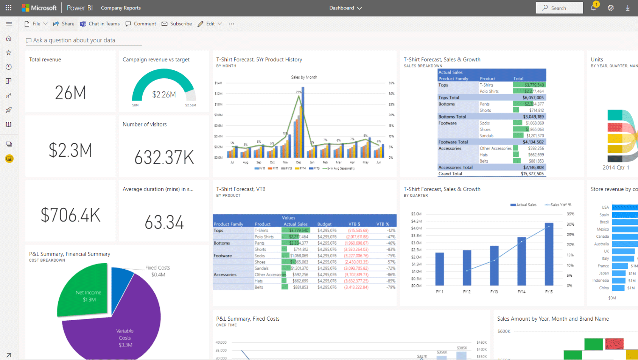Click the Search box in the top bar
click(x=559, y=8)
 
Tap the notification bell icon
click(x=593, y=8)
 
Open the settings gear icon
click(x=610, y=8)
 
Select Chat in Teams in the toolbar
click(x=100, y=23)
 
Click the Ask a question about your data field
click(x=74, y=40)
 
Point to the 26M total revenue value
click(x=70, y=93)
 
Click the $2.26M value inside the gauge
click(x=164, y=94)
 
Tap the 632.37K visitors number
click(x=164, y=157)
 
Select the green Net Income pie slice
click(x=85, y=291)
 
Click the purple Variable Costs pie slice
click(x=125, y=329)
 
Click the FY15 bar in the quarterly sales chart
click(x=549, y=257)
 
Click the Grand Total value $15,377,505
click(x=532, y=174)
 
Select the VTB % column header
click(x=383, y=224)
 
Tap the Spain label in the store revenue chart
click(x=604, y=215)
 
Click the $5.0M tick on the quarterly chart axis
click(x=416, y=214)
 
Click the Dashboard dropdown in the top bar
click(x=345, y=8)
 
